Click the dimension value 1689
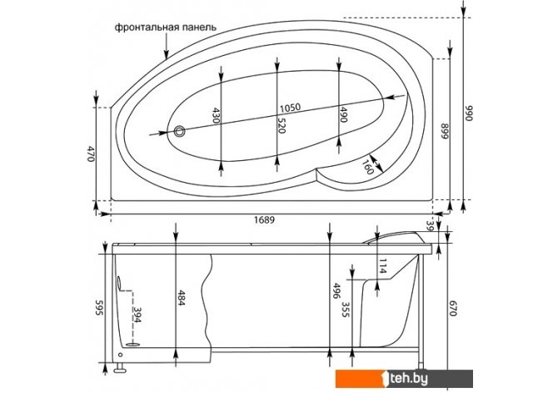(264, 219)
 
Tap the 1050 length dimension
(290, 108)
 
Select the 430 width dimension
(216, 115)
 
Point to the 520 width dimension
(281, 125)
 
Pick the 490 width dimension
(342, 114)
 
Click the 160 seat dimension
(368, 167)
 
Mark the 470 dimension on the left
(91, 154)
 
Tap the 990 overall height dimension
(469, 113)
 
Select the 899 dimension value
(446, 131)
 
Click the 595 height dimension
(99, 307)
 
